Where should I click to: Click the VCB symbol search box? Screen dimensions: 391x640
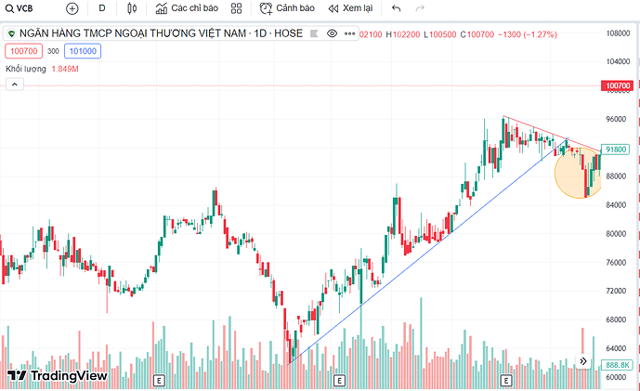point(20,8)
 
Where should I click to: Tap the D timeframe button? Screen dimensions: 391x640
point(102,8)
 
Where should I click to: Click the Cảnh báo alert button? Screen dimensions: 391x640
point(287,8)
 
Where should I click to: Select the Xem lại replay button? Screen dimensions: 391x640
point(349,8)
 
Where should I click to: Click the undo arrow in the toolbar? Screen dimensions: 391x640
point(397,8)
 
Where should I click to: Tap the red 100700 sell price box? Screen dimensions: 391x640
point(22,51)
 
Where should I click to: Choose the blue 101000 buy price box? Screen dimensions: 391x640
point(83,51)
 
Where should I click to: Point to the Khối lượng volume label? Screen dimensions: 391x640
point(26,69)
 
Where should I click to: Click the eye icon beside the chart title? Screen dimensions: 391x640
point(333,33)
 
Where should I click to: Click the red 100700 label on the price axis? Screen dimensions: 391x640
point(618,85)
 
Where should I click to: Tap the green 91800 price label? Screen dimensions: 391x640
point(617,149)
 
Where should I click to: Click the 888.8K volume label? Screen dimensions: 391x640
point(617,365)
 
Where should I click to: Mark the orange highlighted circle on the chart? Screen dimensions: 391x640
point(576,174)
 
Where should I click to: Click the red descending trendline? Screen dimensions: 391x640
point(548,131)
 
